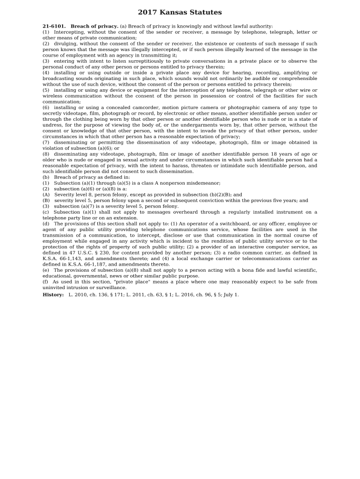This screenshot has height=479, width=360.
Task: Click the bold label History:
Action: click(53, 295)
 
